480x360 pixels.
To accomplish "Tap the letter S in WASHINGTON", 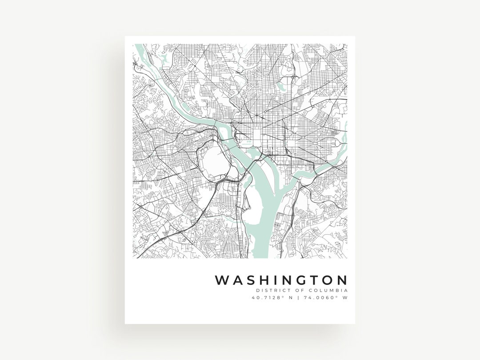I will click(x=251, y=280).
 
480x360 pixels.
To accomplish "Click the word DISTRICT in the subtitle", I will click(x=271, y=290).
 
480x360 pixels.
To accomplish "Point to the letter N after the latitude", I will click(x=291, y=298).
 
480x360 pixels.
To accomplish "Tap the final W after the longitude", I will click(x=344, y=298).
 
